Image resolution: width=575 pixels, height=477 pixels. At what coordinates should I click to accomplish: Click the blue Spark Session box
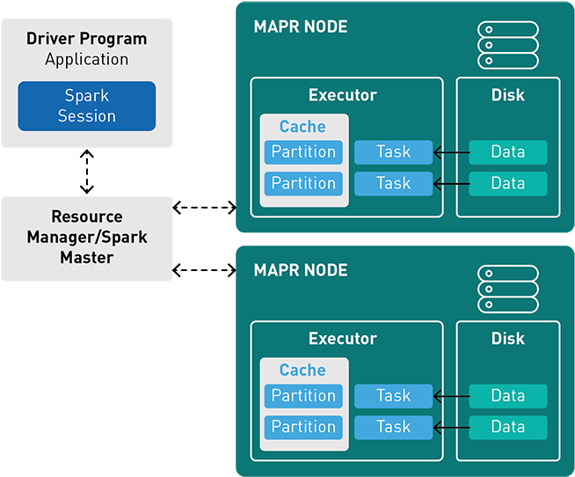(86, 106)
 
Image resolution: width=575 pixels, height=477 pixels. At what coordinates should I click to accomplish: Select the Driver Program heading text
(86, 39)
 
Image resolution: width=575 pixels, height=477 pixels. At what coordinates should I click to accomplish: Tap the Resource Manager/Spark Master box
(86, 238)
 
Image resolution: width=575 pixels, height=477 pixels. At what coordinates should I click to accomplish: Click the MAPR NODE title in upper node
(301, 27)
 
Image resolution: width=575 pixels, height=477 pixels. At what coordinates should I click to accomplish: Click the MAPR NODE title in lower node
(301, 270)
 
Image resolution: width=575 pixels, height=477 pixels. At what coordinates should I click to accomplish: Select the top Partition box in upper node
(303, 152)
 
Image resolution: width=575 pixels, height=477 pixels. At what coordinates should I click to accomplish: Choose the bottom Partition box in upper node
(303, 183)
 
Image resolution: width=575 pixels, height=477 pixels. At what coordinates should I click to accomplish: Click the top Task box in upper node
(393, 152)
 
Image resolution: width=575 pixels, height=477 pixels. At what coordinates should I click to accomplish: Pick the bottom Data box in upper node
(507, 183)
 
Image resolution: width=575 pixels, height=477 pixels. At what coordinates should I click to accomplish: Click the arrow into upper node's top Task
(451, 153)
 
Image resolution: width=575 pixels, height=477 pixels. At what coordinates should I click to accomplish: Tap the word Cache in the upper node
(302, 127)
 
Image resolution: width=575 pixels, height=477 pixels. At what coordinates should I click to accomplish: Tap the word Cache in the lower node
(302, 371)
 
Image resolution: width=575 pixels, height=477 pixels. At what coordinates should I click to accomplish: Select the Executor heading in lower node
(343, 339)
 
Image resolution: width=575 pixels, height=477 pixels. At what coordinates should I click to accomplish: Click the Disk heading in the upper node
(507, 95)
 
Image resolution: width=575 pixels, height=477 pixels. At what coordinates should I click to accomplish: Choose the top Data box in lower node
(507, 396)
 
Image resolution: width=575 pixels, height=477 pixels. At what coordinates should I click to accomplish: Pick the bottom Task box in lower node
(393, 427)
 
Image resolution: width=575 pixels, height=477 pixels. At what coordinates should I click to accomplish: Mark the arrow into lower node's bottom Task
(451, 428)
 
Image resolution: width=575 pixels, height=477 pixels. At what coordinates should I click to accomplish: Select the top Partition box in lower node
(303, 396)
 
